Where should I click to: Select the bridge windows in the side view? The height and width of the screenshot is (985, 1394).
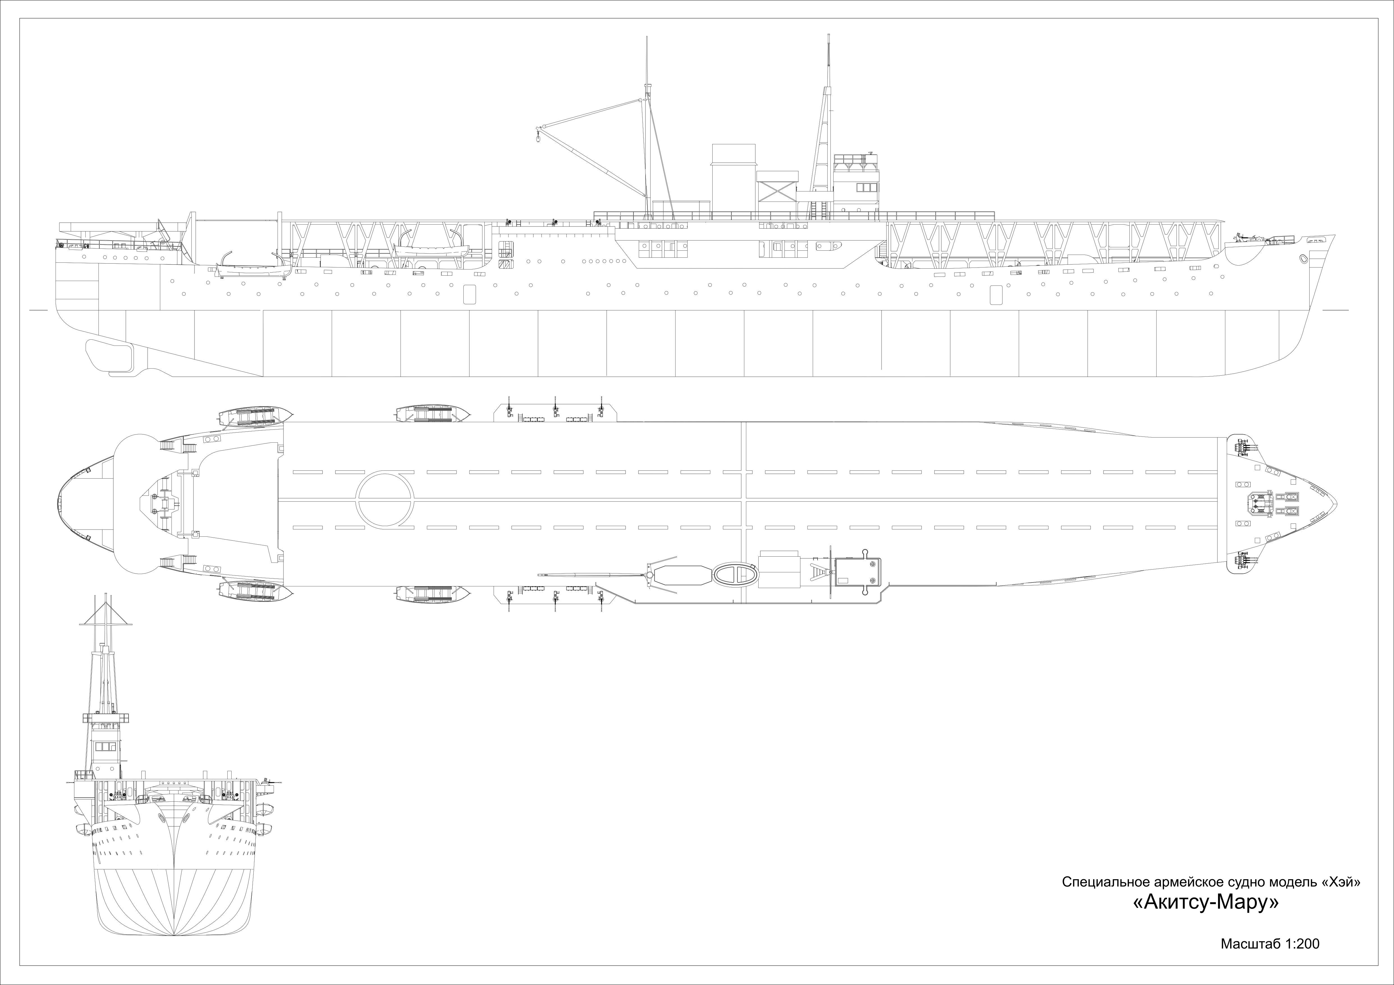867,188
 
